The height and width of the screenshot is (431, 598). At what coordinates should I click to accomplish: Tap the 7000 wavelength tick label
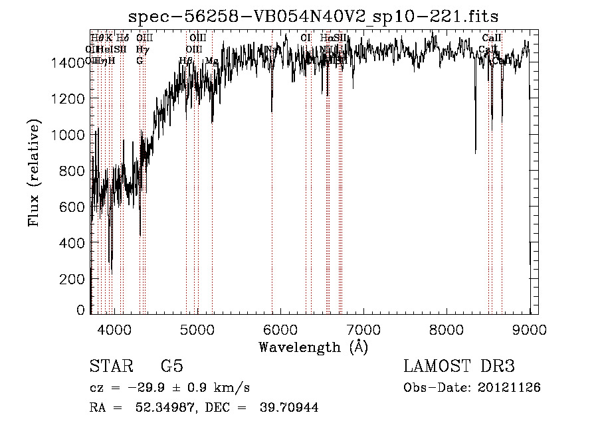pyautogui.click(x=363, y=328)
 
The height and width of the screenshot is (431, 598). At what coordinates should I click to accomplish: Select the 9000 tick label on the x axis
pyautogui.click(x=530, y=328)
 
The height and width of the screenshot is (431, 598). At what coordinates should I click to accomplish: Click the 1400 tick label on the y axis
pyautogui.click(x=71, y=63)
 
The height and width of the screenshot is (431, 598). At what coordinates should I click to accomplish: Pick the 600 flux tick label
pyautogui.click(x=75, y=207)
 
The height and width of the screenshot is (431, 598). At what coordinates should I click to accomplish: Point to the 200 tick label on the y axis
pyautogui.click(x=75, y=280)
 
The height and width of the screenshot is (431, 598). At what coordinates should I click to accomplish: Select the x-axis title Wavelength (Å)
pyautogui.click(x=312, y=347)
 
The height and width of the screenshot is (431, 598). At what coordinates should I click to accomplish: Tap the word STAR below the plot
pyautogui.click(x=112, y=367)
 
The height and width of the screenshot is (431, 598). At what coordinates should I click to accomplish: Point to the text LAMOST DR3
pyautogui.click(x=458, y=367)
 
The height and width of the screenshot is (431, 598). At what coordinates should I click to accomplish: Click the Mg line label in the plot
pyautogui.click(x=211, y=61)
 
